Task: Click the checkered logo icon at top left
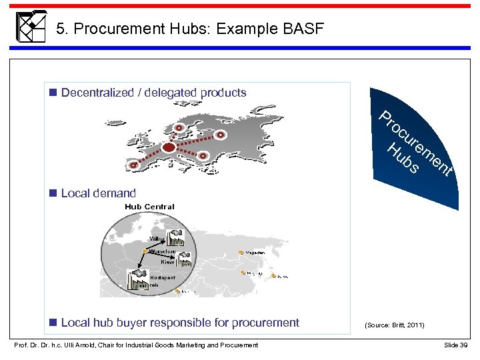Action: [x=30, y=27]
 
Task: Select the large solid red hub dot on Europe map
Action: [x=169, y=147]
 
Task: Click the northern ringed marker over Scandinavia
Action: [x=179, y=128]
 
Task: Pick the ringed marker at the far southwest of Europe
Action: [x=135, y=165]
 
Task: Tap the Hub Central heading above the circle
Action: [x=149, y=207]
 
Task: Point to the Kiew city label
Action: [x=167, y=262]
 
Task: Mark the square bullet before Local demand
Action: [x=53, y=193]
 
